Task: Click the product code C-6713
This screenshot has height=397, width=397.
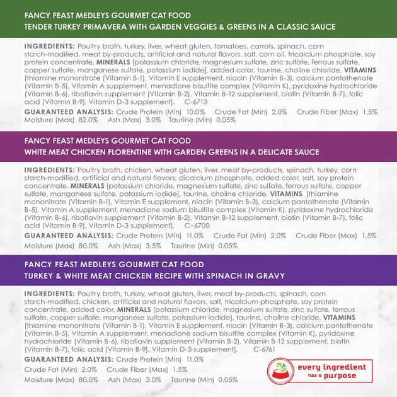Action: pyautogui.click(x=197, y=101)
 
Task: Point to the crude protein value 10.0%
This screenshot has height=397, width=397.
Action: pyautogui.click(x=195, y=111)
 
